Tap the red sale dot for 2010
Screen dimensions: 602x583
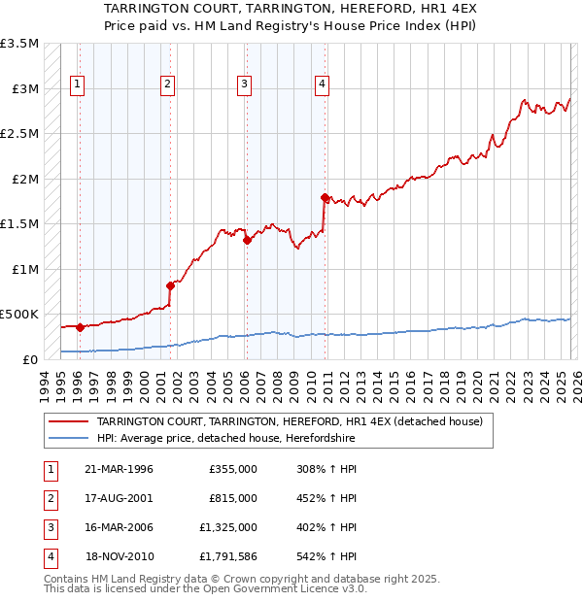pos(324,197)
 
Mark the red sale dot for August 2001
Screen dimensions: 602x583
pos(170,285)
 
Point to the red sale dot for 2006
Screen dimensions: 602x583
pos(247,240)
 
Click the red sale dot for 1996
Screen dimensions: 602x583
pos(80,327)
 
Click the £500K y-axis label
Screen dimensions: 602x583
pos(20,315)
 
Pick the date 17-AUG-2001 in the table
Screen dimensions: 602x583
pos(120,498)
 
